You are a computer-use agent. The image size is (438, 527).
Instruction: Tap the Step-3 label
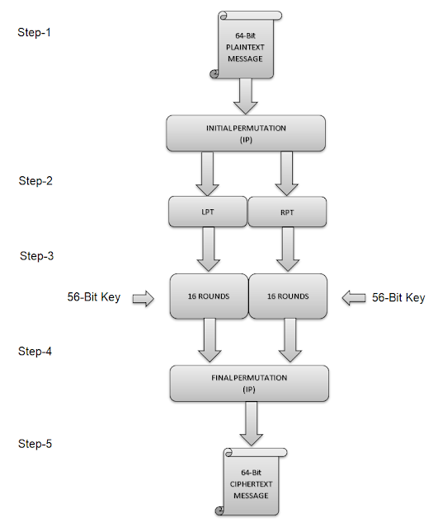click(37, 256)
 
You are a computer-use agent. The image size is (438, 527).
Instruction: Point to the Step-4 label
click(35, 352)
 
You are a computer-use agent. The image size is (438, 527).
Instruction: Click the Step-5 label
click(35, 445)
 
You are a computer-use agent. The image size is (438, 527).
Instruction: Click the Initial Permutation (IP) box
click(246, 133)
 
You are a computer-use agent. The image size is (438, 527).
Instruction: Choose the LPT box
click(208, 211)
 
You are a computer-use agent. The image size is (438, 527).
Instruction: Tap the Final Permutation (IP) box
click(249, 382)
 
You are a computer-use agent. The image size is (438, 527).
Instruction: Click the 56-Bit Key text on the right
click(398, 297)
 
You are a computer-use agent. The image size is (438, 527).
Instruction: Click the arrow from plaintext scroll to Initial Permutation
click(247, 96)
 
